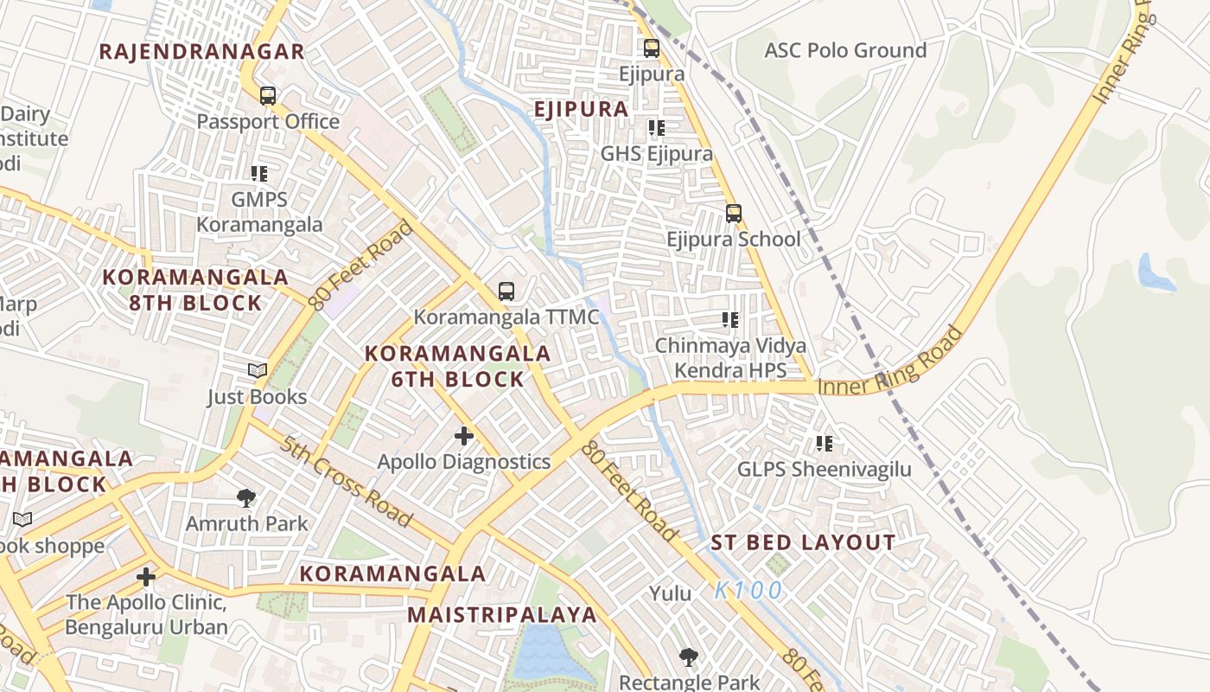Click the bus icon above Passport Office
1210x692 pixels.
pos(268,95)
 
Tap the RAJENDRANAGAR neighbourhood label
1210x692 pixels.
pos(201,51)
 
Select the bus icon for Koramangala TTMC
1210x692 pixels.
pos(506,292)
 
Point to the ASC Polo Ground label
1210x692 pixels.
pos(844,50)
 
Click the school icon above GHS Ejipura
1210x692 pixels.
pos(657,128)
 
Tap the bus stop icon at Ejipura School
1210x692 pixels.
pos(734,213)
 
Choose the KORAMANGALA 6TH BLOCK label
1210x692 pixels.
pos(457,366)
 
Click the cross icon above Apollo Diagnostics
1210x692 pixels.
pos(464,435)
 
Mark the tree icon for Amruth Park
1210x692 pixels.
pos(246,497)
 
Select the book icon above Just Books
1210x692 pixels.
pos(257,371)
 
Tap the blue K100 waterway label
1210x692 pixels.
pos(748,591)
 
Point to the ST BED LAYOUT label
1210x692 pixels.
pos(803,543)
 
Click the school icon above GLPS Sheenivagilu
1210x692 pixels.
pos(825,444)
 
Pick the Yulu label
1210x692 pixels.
pos(671,593)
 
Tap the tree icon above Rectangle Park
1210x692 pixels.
pos(688,657)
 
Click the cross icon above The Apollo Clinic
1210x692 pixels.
pos(146,576)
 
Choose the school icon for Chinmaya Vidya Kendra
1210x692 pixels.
pos(730,320)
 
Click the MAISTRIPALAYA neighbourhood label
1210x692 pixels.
pos(502,615)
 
